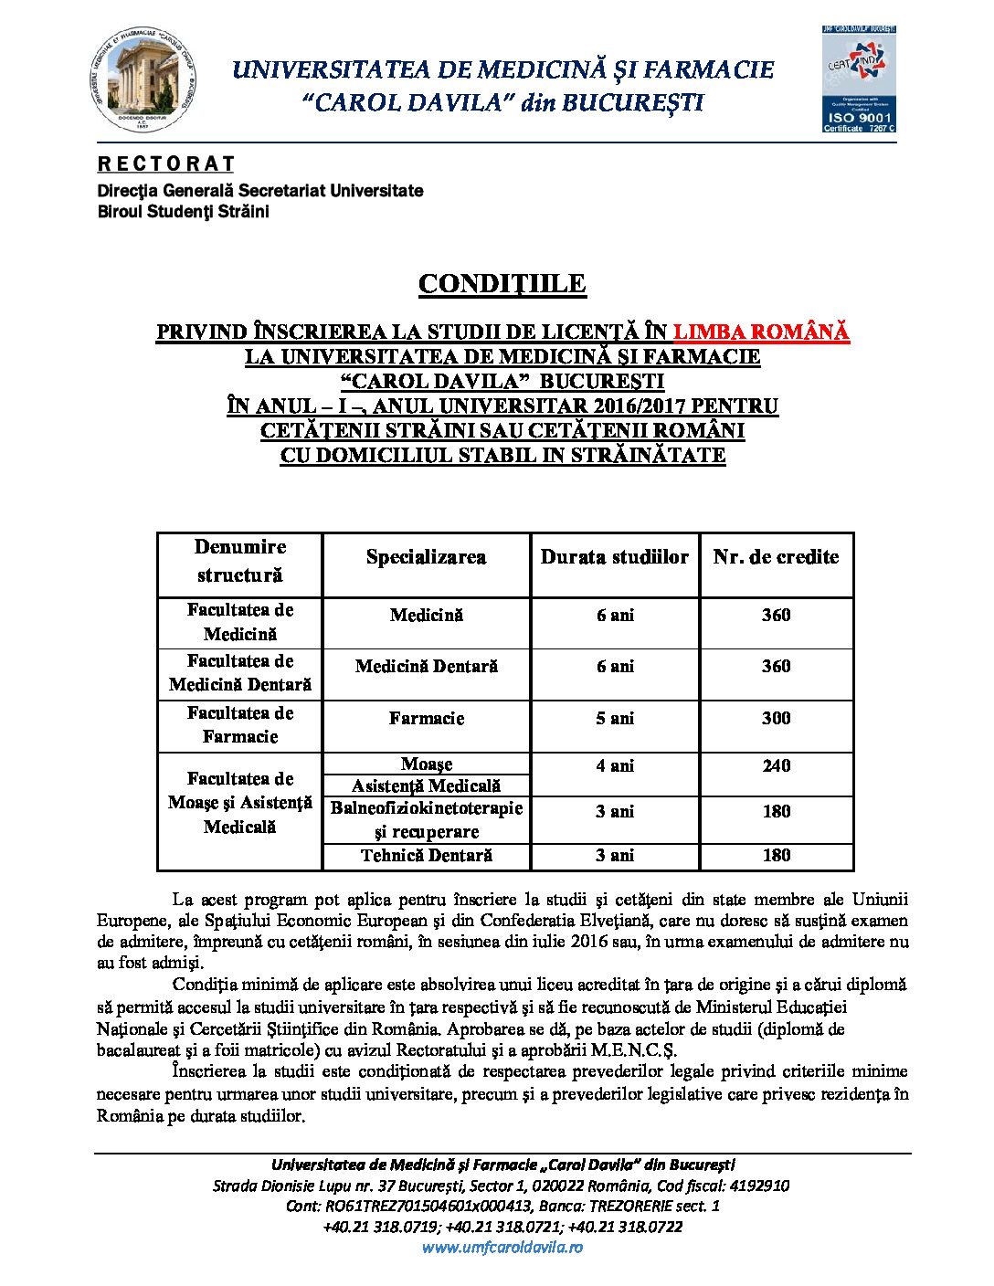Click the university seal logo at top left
tap(144, 79)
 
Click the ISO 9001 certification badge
tap(858, 79)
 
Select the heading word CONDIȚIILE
tap(502, 284)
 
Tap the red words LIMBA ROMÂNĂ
tap(761, 332)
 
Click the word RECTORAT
tap(166, 164)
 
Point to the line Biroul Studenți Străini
tap(184, 212)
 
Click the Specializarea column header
tap(426, 557)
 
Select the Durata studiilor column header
tap(615, 557)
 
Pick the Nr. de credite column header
tap(776, 557)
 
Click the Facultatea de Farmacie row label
tap(240, 725)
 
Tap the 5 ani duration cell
tap(615, 719)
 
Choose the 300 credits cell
tap(776, 719)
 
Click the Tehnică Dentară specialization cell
tap(426, 856)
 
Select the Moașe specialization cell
tap(426, 764)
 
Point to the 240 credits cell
tap(776, 766)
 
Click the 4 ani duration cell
tap(615, 766)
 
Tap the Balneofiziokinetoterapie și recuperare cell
tap(426, 820)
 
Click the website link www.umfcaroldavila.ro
tap(502, 1248)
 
